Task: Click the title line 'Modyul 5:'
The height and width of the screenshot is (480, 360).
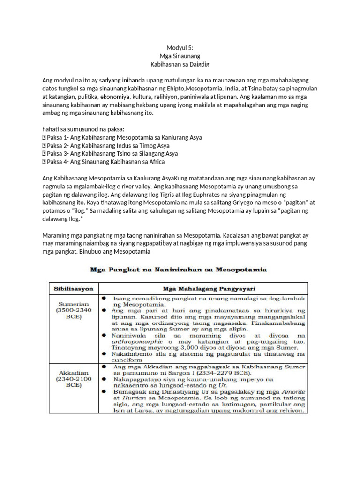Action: (180, 48)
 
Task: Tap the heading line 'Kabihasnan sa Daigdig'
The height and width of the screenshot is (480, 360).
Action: (180, 64)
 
